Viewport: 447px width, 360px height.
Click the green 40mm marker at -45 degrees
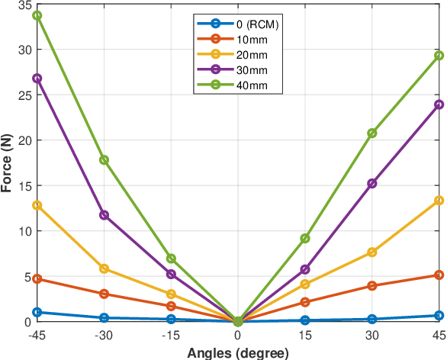coord(37,15)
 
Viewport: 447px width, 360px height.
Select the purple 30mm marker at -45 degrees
coord(37,79)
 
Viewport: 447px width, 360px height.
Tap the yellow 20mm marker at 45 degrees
coord(439,201)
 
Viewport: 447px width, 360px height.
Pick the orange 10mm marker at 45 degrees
coord(439,275)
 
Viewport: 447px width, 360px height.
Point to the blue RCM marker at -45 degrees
coord(37,312)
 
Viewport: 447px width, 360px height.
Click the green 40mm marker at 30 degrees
coord(371,133)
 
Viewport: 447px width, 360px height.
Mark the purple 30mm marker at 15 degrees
coord(305,269)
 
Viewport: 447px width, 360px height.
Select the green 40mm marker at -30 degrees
coord(104,160)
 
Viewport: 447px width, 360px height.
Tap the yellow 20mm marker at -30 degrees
coord(104,268)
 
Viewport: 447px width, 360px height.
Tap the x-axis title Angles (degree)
coord(237,352)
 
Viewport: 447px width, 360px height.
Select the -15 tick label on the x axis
coord(170,335)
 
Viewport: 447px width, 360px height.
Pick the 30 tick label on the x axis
coord(371,335)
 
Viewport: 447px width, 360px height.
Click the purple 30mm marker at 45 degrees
coord(439,104)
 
